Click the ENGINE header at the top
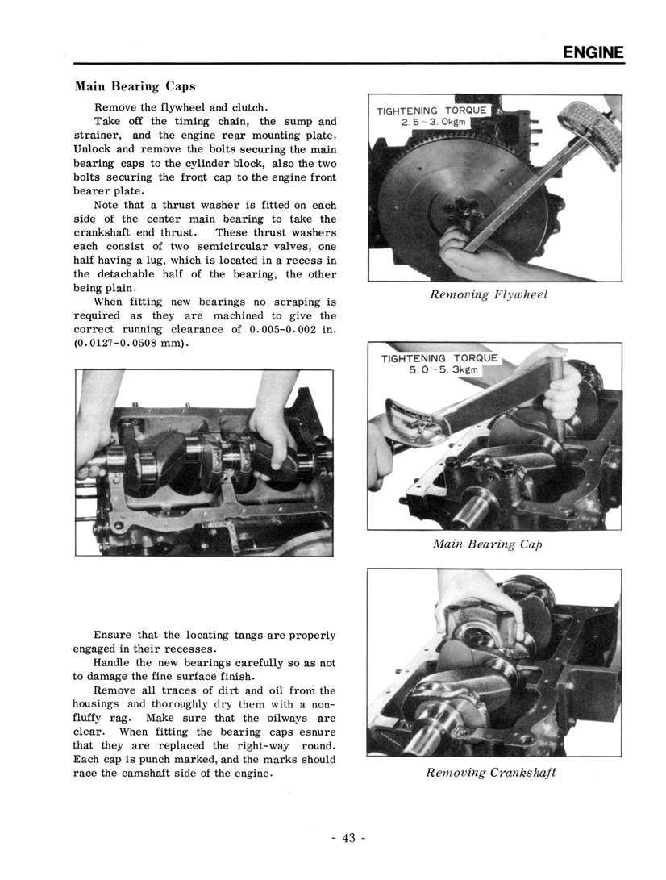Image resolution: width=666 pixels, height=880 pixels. coord(593,52)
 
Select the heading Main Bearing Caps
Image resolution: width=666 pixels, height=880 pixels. coord(135,85)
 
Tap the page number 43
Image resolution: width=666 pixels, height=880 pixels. coord(348,838)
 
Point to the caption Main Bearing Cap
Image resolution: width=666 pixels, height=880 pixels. coord(486,544)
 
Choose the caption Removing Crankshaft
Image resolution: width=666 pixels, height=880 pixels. coord(491,773)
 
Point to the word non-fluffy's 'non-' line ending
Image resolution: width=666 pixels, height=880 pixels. coord(323,704)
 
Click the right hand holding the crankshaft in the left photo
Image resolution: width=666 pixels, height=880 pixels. coord(274,436)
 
